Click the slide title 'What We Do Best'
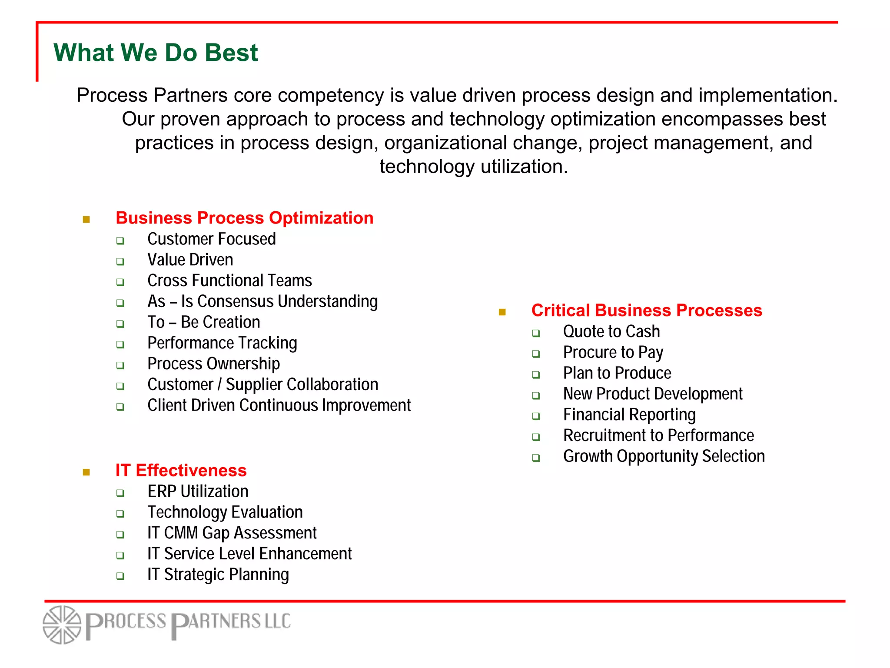156,53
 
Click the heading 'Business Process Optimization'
244,218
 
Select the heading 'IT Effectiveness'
181,471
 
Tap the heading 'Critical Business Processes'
647,311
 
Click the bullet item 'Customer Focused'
212,239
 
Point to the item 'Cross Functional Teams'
229,281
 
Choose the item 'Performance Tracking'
222,343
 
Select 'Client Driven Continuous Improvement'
279,405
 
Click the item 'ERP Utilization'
198,491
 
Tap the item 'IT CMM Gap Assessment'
232,533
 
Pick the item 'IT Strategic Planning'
218,574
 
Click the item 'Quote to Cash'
611,332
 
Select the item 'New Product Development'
653,394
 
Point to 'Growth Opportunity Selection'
664,456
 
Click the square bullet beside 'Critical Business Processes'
502,312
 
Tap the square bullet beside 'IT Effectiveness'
86,472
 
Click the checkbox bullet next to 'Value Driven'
120,261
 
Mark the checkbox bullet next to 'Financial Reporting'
536,416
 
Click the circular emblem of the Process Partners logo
62,625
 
